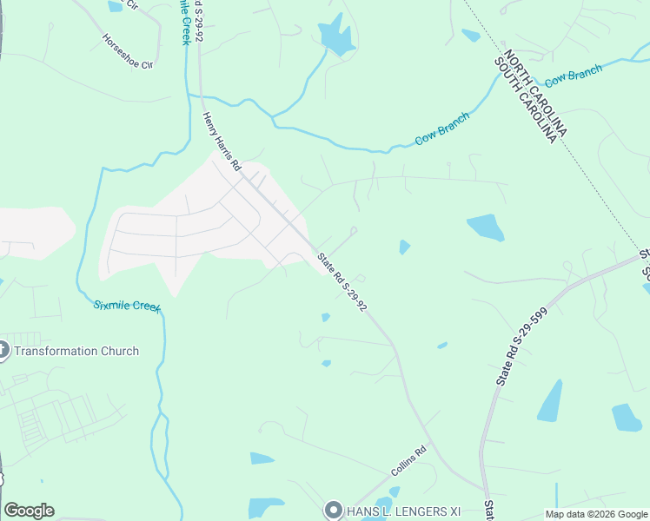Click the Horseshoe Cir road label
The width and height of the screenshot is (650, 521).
pyautogui.click(x=127, y=51)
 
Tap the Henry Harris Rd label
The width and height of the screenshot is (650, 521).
pyautogui.click(x=221, y=141)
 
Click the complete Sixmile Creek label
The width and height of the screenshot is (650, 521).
pyautogui.click(x=127, y=306)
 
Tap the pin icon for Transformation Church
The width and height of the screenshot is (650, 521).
pyautogui.click(x=3, y=350)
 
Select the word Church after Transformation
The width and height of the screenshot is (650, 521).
pyautogui.click(x=120, y=351)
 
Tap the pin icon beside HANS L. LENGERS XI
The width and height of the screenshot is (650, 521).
pyautogui.click(x=333, y=510)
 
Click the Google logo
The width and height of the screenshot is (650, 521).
pyautogui.click(x=29, y=511)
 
